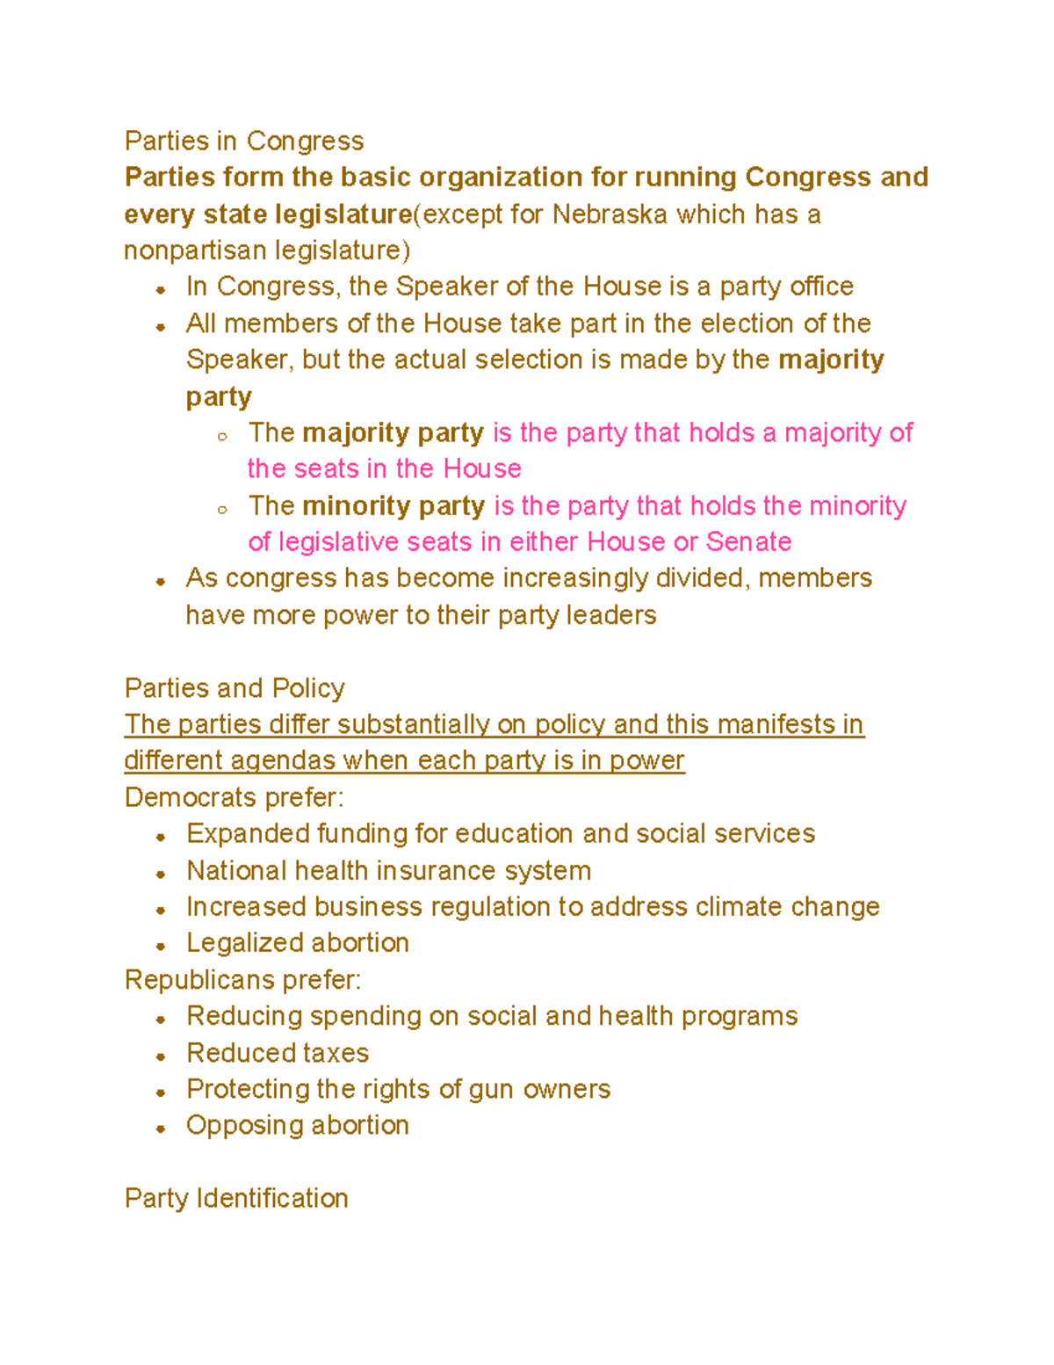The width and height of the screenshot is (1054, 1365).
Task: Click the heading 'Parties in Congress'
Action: click(244, 141)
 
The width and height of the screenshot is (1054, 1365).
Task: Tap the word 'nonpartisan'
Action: click(195, 251)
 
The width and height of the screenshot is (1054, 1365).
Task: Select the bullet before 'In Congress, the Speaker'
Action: click(161, 290)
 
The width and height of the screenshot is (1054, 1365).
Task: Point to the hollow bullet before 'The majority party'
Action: click(223, 436)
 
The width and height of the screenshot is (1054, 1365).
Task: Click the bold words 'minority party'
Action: click(393, 506)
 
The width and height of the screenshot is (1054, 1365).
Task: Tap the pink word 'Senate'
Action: click(748, 542)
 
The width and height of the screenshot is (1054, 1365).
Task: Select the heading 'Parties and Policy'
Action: click(235, 688)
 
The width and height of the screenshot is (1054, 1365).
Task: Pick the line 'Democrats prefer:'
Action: click(235, 797)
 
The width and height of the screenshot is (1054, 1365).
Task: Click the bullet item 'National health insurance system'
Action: click(388, 871)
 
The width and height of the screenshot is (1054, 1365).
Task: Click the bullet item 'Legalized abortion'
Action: click(298, 943)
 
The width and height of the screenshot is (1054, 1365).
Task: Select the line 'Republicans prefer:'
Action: click(243, 980)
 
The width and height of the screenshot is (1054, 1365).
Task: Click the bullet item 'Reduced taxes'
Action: click(278, 1053)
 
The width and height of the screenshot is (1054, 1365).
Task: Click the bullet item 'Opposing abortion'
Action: click(298, 1126)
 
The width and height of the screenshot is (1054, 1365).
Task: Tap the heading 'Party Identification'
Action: click(236, 1199)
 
